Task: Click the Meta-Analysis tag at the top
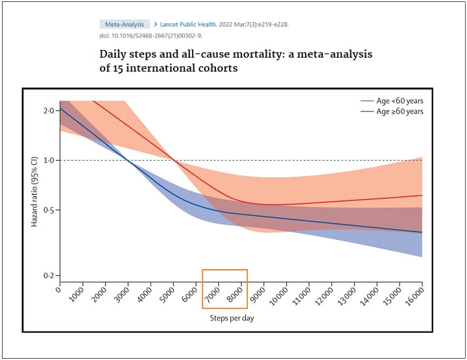point(124,24)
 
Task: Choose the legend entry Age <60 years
point(400,101)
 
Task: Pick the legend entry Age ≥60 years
point(400,112)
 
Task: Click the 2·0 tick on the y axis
point(49,111)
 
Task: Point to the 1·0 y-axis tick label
point(49,160)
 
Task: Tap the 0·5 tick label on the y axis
point(49,210)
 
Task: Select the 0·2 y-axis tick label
point(49,276)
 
